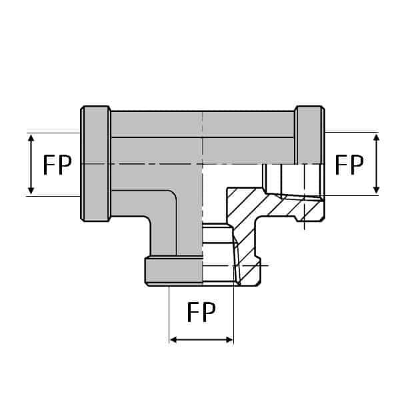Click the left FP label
tap(57, 165)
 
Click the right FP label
tap(349, 164)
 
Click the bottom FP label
tap(201, 312)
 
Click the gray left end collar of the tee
tap(95, 163)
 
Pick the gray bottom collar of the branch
tap(173, 271)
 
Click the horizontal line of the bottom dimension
tap(201, 340)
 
